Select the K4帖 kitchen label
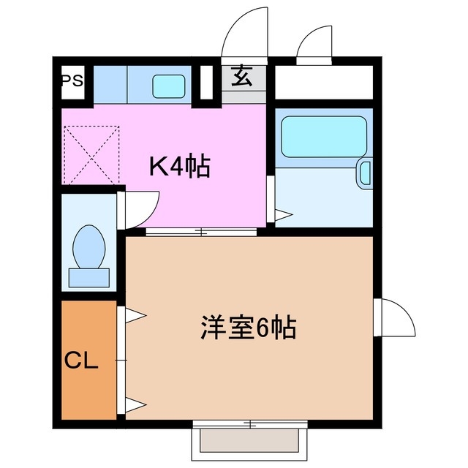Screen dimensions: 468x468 (180, 167)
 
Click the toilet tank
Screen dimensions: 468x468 (88, 277)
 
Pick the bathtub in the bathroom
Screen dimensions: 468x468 (323, 135)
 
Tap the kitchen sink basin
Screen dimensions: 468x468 (169, 86)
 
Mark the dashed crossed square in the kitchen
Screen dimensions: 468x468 (91, 155)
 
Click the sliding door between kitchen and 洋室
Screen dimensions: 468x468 (201, 233)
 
